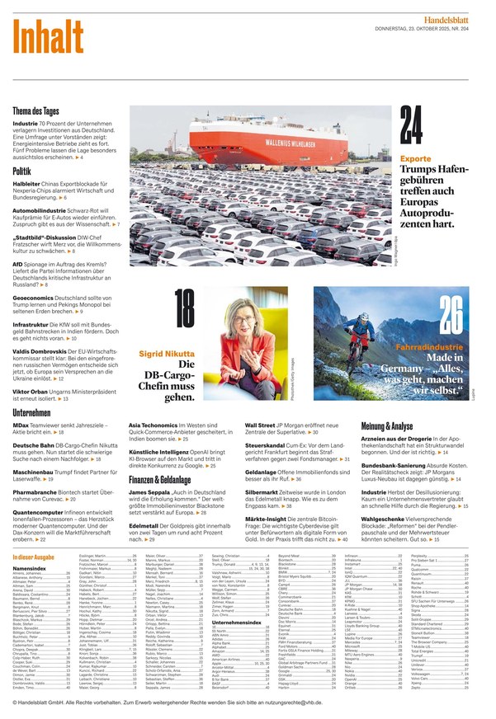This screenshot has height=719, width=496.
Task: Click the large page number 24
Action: [x=411, y=128]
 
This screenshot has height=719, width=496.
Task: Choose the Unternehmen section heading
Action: [x=31, y=411]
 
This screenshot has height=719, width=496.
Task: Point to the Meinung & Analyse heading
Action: [x=387, y=426]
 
